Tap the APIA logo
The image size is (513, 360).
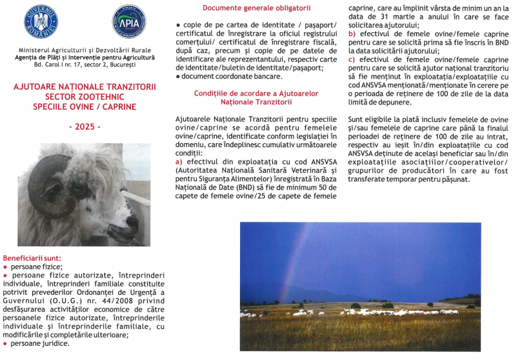coord(128,23)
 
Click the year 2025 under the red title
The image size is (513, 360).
coord(85,127)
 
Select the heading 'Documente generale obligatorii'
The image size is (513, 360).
coord(256,8)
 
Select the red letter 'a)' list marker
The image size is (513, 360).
coord(179,163)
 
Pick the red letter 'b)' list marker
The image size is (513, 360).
coord(352,33)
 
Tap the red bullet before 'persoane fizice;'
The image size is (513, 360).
coord(6,266)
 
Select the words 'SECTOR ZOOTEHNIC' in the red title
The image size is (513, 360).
coord(84,94)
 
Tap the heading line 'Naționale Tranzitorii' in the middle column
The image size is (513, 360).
coord(256,102)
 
